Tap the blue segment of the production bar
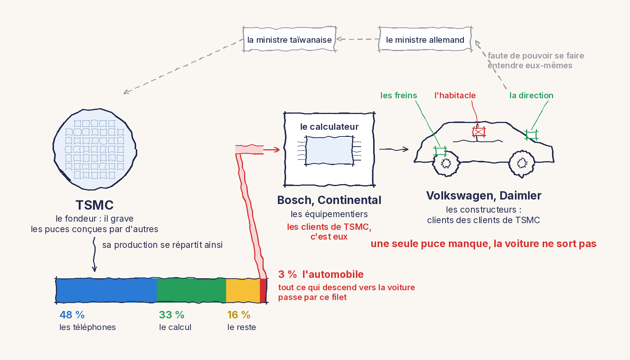pos(106,291)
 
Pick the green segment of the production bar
pos(192,291)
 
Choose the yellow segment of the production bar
pos(243,291)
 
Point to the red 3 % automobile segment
pos(263,291)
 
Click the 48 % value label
pos(72,315)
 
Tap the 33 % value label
pos(172,315)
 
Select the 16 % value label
pos(239,315)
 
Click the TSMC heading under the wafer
pos(94,205)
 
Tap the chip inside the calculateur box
pos(329,150)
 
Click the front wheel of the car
pos(446,163)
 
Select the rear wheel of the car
pos(522,163)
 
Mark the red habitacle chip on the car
pos(478,132)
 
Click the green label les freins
pos(399,95)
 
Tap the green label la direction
pos(531,95)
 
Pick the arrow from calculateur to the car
pos(394,149)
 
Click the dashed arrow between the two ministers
pos(358,39)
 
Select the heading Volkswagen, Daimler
pos(484,195)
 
